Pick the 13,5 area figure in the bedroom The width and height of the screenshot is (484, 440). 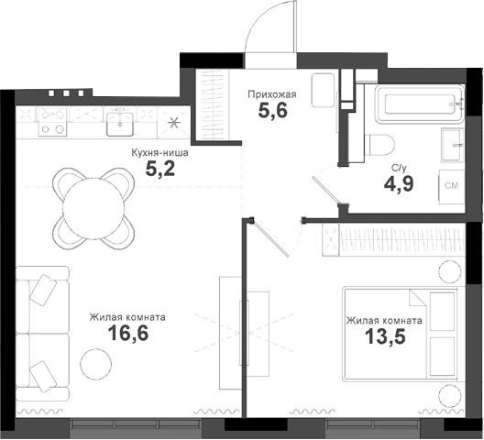(384, 338)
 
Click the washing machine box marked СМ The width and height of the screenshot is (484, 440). (452, 186)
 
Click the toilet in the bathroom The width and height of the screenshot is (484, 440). (379, 145)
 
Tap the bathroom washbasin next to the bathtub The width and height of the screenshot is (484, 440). (453, 145)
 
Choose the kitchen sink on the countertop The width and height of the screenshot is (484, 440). (121, 122)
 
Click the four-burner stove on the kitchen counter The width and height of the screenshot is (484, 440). (53, 122)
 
